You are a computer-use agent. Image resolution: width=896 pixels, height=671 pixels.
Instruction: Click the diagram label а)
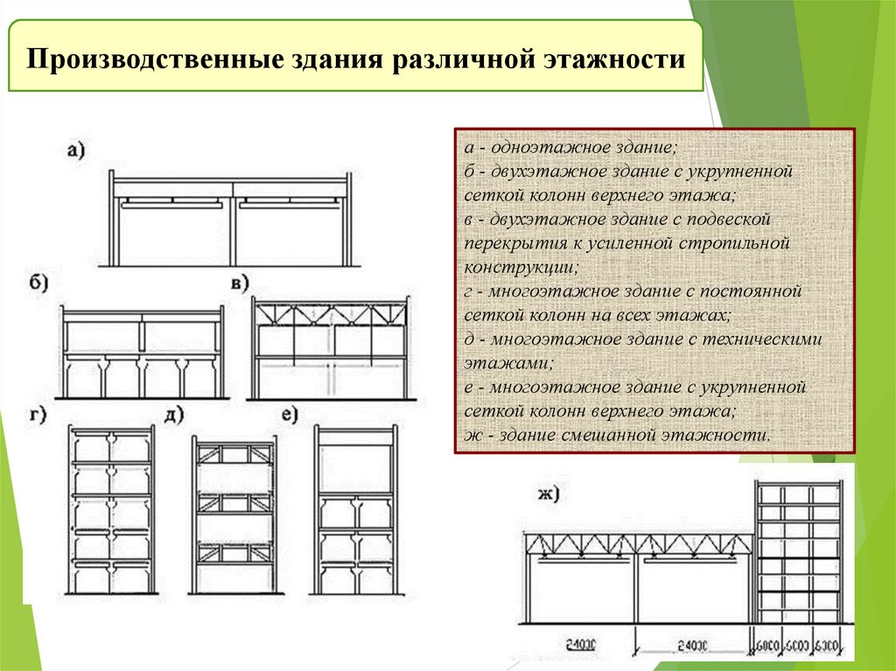(76, 150)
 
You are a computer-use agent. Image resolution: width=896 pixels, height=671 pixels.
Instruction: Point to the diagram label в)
(239, 284)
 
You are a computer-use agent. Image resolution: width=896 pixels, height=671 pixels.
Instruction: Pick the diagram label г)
(38, 414)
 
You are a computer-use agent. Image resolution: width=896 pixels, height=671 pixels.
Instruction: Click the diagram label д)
(173, 414)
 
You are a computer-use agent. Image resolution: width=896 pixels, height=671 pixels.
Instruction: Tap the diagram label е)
(290, 414)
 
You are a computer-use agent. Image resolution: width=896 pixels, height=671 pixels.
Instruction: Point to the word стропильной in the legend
(738, 242)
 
